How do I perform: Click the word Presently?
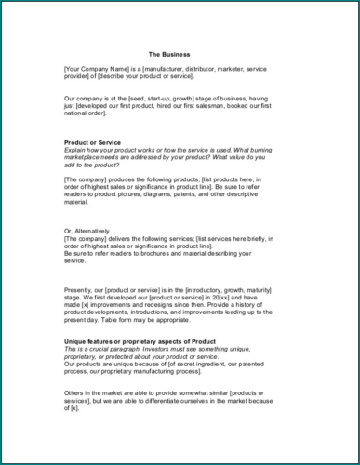(x=80, y=293)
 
